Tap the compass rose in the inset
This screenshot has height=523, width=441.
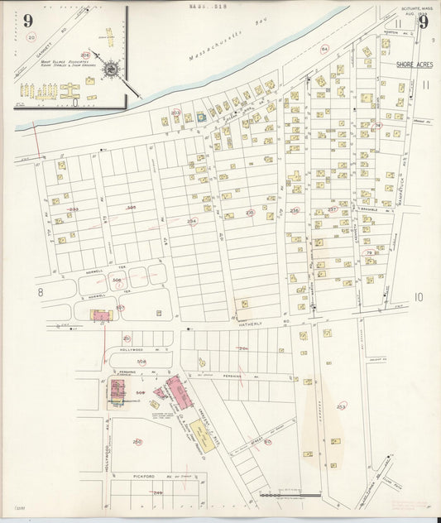pos(110,70)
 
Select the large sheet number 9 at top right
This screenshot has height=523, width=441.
pos(424,22)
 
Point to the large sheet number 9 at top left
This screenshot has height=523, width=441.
pos(29,21)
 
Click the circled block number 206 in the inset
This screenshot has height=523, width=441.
pos(85,56)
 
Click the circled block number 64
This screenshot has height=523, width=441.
pos(324,50)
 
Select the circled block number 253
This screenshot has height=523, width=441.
pos(341,406)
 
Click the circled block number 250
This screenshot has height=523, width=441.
pos(137,441)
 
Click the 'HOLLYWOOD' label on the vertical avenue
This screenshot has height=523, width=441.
pos(108,455)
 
